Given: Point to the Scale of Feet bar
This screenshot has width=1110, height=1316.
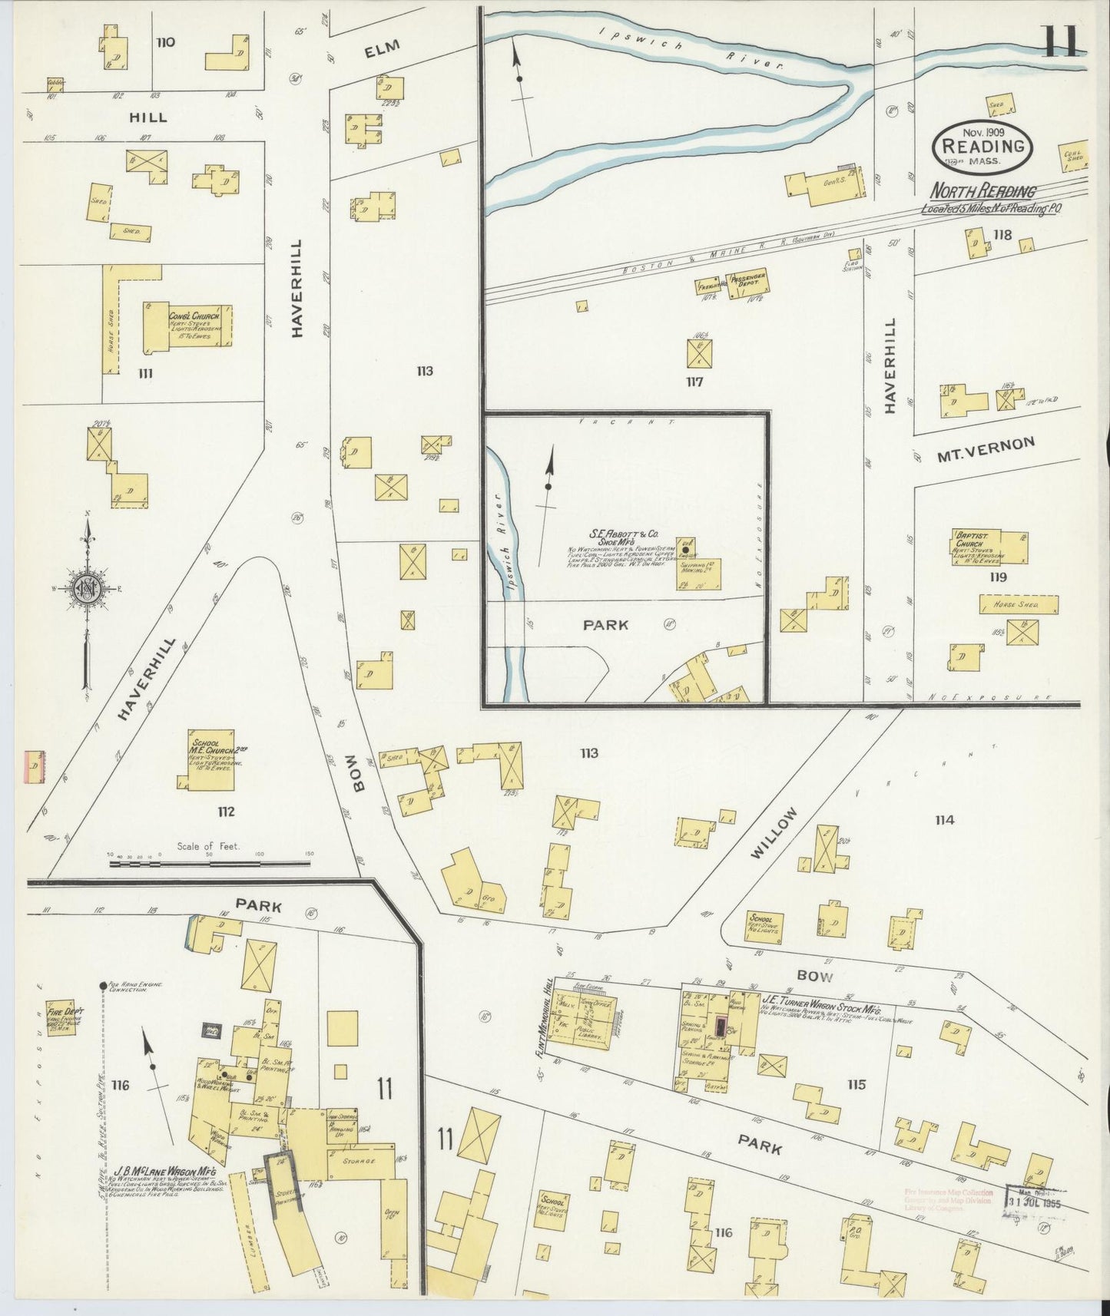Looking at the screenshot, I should point(210,863).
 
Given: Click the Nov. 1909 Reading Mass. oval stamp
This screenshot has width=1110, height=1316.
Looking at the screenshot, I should point(982,146).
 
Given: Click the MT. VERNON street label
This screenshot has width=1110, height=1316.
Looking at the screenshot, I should point(986,449).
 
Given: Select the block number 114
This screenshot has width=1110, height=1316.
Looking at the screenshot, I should point(944,820).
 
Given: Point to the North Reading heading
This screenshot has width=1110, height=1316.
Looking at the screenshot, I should point(983,191).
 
